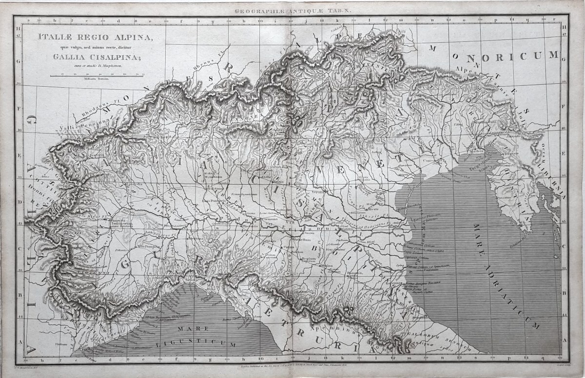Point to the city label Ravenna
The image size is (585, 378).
pyautogui.click(x=394, y=283)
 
